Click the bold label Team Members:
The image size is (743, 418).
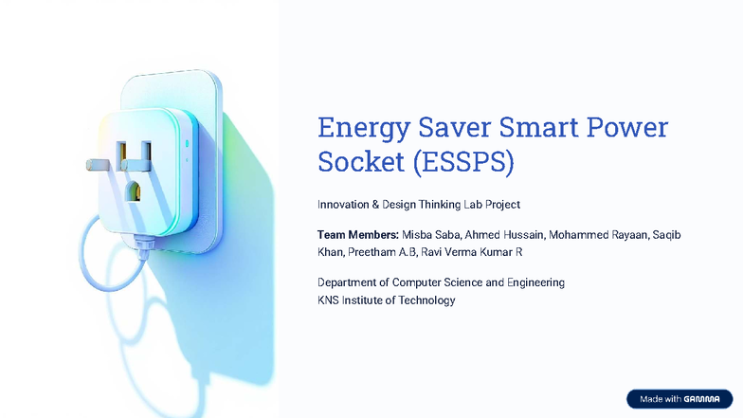pos(357,234)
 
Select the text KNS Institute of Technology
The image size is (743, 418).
pos(386,300)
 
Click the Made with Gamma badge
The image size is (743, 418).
pos(680,399)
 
